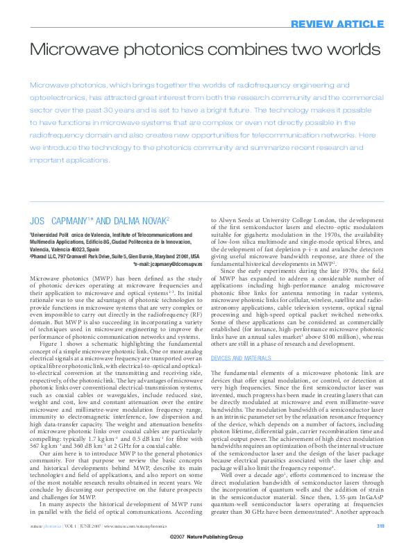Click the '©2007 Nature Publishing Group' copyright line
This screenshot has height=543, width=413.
pos(206,537)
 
